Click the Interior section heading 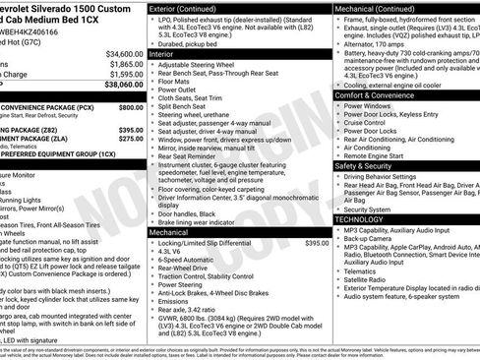(x=168, y=53)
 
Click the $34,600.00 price (x=123, y=52)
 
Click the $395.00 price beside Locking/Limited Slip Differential (x=317, y=242)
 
